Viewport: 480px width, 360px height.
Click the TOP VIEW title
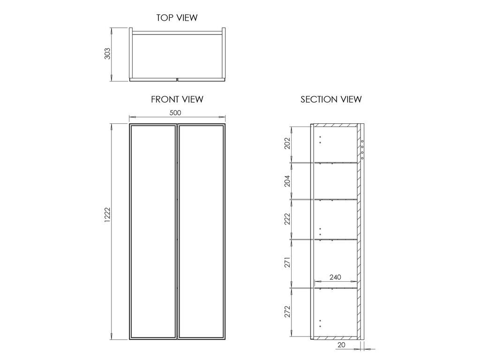pyautogui.click(x=177, y=18)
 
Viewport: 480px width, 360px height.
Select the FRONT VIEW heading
pyautogui.click(x=177, y=99)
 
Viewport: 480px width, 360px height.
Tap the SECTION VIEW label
pyautogui.click(x=331, y=99)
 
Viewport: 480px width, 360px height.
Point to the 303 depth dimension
pyautogui.click(x=107, y=53)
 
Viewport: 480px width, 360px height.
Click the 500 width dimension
pyautogui.click(x=175, y=112)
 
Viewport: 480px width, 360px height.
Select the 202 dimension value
pyautogui.click(x=287, y=143)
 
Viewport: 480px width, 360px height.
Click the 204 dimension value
pyautogui.click(x=287, y=181)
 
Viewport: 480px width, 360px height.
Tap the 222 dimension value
pyautogui.click(x=287, y=219)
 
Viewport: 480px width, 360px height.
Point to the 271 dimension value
pyautogui.click(x=287, y=262)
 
